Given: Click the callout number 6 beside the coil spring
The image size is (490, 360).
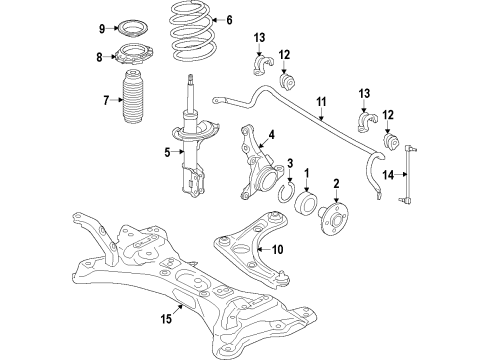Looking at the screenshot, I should (228, 20).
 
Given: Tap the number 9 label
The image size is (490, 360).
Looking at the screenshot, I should (101, 27).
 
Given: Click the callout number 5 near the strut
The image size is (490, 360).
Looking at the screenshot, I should (154, 153).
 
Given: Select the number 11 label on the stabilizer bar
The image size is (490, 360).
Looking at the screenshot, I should (322, 102).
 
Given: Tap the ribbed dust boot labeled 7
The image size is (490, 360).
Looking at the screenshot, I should (135, 100).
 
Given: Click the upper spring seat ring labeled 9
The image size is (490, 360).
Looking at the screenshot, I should (134, 27).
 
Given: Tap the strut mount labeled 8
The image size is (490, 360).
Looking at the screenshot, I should (134, 59).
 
